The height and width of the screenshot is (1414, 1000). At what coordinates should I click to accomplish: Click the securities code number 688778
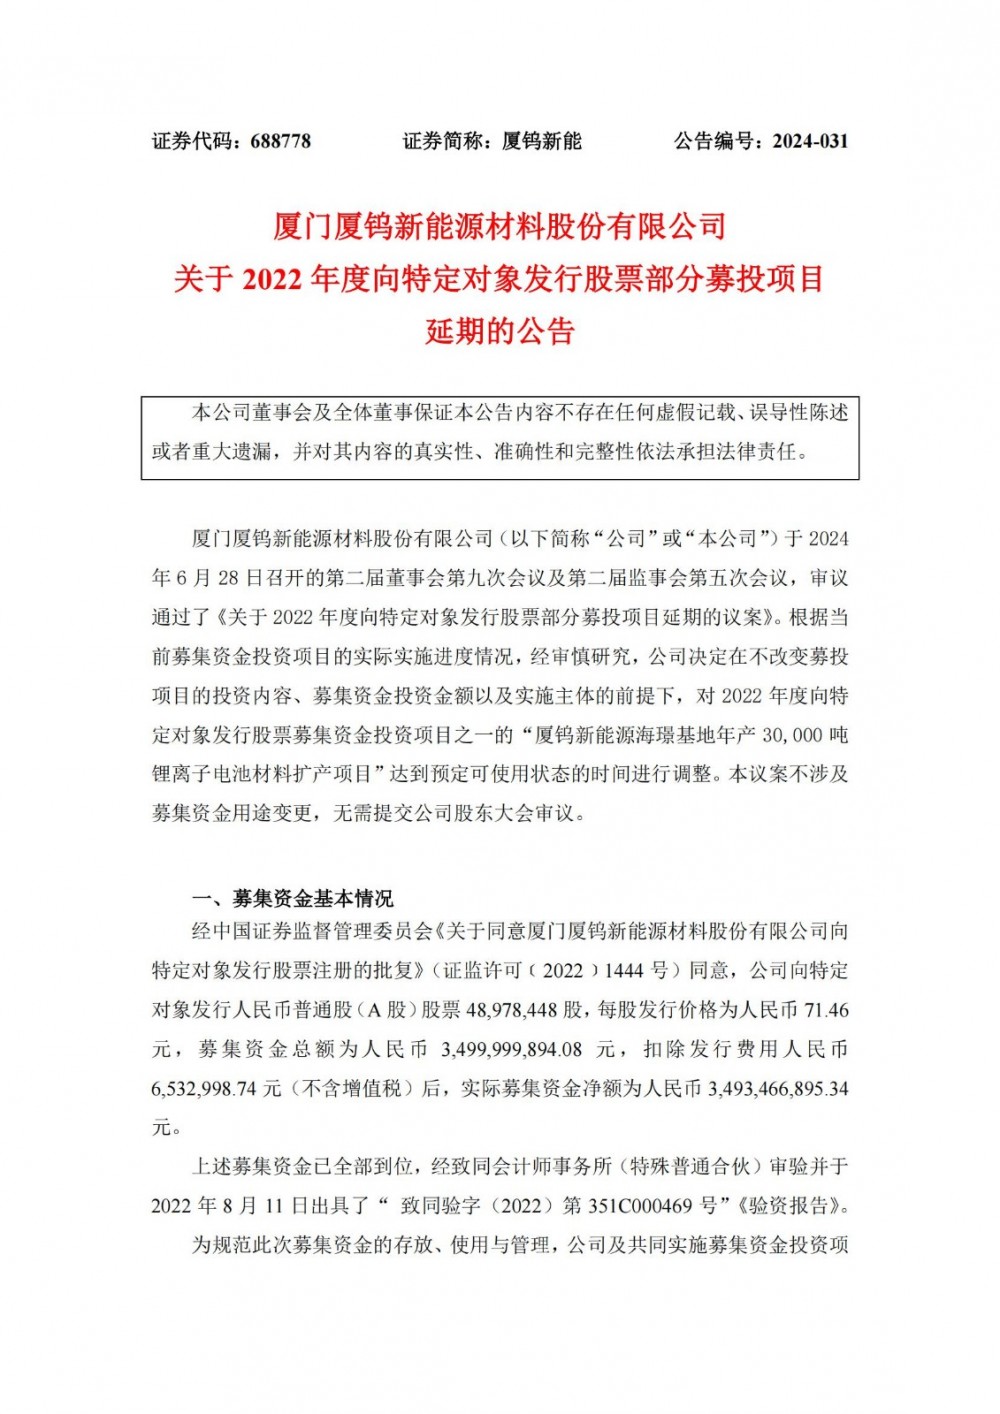[x=280, y=141]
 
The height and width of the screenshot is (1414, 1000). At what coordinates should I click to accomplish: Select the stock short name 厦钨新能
[x=541, y=141]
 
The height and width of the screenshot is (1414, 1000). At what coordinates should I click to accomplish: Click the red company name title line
[x=499, y=227]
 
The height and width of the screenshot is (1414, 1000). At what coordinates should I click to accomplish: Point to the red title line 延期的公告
[x=499, y=331]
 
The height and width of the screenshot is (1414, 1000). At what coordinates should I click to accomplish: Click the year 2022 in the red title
[x=271, y=279]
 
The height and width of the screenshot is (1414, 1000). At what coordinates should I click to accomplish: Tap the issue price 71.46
[x=825, y=1010]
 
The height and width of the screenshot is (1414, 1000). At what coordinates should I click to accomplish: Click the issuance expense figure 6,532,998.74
[x=204, y=1088]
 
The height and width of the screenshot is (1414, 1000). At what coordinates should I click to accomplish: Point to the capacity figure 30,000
[x=791, y=735]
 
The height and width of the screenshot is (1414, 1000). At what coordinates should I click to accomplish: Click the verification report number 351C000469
[x=640, y=1205]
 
